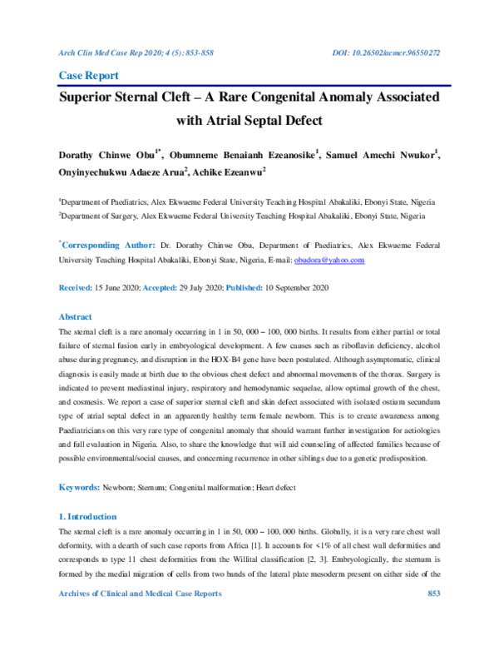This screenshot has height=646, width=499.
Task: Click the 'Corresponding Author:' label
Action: click(107, 246)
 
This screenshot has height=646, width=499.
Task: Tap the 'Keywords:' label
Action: click(79, 485)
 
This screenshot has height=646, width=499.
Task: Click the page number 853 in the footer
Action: click(432, 616)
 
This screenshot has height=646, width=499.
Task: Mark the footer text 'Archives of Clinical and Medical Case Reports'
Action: click(141, 616)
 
